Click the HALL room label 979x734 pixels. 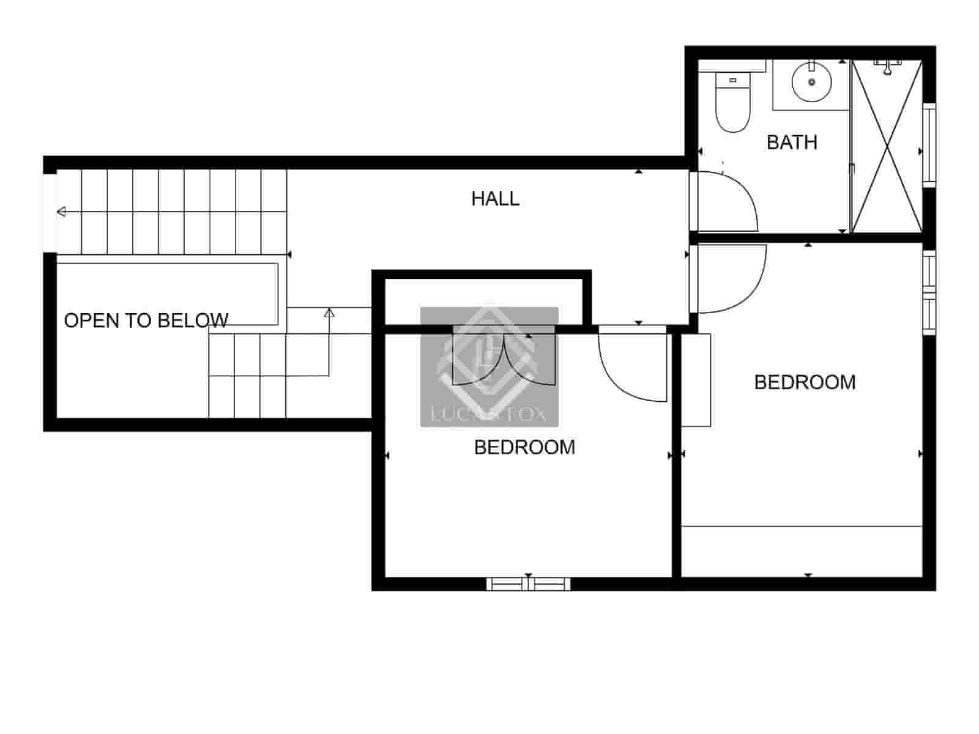495,199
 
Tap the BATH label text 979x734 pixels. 792,143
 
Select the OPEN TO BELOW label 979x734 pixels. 146,321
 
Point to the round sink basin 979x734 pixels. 811,81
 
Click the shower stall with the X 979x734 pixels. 887,147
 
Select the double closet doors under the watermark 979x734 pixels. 504,361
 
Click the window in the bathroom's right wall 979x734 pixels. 929,144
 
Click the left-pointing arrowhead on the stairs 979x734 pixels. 61,212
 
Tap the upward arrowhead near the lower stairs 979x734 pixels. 329,313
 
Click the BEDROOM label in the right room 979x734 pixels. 805,382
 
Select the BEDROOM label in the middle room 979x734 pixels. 524,448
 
